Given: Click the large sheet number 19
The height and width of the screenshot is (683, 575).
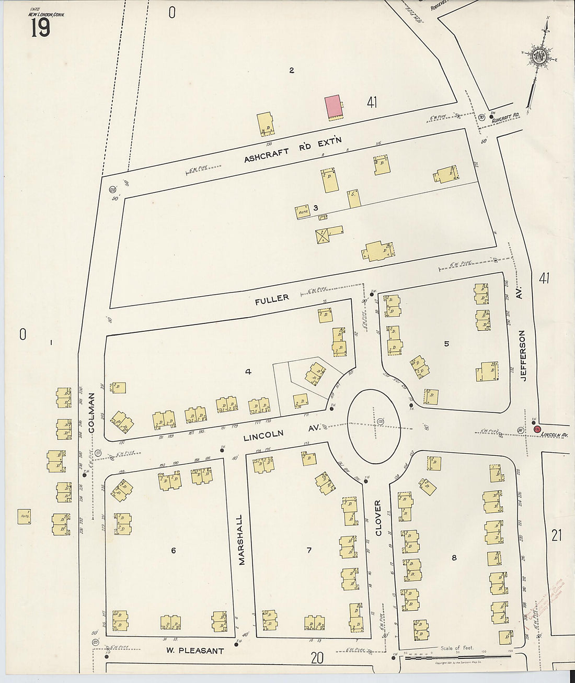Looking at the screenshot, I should pyautogui.click(x=40, y=26).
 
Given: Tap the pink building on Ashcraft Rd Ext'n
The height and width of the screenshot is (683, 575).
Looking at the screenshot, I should pyautogui.click(x=332, y=107).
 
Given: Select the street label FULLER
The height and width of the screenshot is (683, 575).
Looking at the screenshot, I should pyautogui.click(x=272, y=298).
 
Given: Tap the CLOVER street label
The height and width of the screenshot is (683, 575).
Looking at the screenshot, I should pyautogui.click(x=378, y=518).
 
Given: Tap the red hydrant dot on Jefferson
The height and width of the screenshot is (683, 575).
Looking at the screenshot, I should pyautogui.click(x=536, y=429).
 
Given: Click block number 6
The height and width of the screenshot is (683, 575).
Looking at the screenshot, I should pyautogui.click(x=173, y=550).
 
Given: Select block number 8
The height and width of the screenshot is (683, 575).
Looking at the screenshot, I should pyautogui.click(x=454, y=558).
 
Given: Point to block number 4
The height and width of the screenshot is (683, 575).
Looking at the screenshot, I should pyautogui.click(x=248, y=372).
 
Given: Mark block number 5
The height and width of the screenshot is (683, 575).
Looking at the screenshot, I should pyautogui.click(x=446, y=344).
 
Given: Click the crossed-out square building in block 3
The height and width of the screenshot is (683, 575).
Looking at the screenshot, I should pyautogui.click(x=323, y=236).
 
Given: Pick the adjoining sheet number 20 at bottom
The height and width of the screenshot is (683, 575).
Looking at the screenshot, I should pyautogui.click(x=317, y=658).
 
